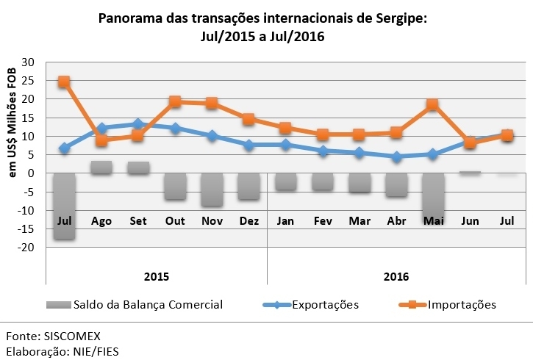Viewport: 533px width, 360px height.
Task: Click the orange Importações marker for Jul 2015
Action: pyautogui.click(x=64, y=82)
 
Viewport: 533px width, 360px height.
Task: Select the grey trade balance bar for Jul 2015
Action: pyautogui.click(x=64, y=206)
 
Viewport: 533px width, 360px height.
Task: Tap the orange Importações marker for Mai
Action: pyautogui.click(x=432, y=105)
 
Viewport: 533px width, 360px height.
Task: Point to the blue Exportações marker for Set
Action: pyautogui.click(x=137, y=124)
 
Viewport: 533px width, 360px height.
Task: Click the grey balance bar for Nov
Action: pyautogui.click(x=212, y=190)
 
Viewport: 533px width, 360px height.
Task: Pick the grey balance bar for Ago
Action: pyautogui.click(x=101, y=168)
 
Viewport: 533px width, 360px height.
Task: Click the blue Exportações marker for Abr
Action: pyautogui.click(x=396, y=157)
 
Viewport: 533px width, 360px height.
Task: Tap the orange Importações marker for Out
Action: pyautogui.click(x=175, y=102)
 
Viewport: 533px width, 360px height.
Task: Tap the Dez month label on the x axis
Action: pyautogui.click(x=248, y=220)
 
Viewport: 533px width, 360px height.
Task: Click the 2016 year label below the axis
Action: pyautogui.click(x=396, y=276)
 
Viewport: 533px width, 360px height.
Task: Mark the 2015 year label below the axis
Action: pyautogui.click(x=156, y=276)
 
